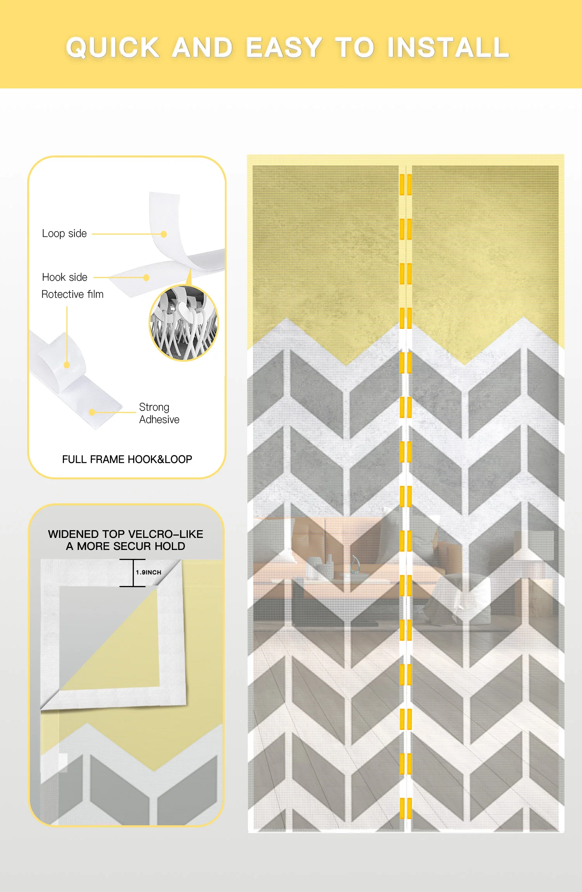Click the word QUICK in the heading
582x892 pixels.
click(113, 48)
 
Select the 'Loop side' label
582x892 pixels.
click(64, 233)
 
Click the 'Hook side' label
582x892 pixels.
click(65, 277)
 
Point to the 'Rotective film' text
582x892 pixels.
click(73, 294)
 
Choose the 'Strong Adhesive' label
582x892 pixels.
click(159, 413)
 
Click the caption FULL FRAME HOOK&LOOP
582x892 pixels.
click(127, 459)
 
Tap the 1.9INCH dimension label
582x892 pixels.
click(149, 572)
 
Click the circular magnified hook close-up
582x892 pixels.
click(184, 323)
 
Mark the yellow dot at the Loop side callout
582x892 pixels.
click(164, 234)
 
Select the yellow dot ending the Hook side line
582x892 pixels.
click(146, 278)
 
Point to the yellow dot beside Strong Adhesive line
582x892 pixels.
click(92, 412)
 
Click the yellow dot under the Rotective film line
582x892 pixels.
click(67, 365)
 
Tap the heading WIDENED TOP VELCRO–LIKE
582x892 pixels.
click(126, 534)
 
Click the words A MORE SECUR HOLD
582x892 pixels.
click(126, 546)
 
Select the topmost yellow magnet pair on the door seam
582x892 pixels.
click(405, 185)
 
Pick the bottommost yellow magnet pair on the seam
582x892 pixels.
click(405, 808)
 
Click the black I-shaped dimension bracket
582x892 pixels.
click(133, 573)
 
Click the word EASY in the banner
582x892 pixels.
click(284, 48)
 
